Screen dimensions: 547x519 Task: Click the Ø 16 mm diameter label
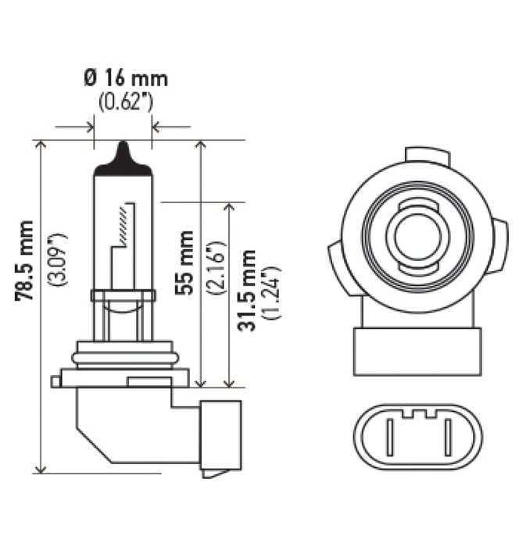click(x=125, y=78)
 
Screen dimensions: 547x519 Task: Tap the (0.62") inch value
click(x=125, y=102)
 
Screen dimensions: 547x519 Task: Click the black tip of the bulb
click(x=123, y=153)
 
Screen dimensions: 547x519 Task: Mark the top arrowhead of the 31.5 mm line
click(x=229, y=208)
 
